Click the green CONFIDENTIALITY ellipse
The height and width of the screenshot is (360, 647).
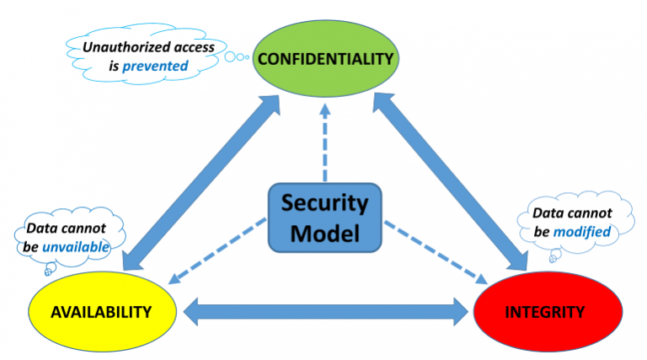click(x=324, y=59)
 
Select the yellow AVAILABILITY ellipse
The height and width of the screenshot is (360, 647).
click(x=101, y=312)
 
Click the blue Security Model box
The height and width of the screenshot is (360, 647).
click(x=324, y=217)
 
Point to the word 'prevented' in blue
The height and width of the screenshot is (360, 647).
click(x=155, y=64)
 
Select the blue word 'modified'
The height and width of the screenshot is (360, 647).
click(x=582, y=230)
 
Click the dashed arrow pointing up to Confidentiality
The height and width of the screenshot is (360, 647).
click(x=324, y=143)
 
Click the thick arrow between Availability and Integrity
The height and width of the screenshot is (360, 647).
click(x=324, y=312)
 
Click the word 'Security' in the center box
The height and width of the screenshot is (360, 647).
click(x=324, y=203)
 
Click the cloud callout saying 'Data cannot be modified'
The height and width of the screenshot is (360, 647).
click(x=569, y=221)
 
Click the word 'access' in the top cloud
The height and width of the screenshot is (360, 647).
click(x=190, y=47)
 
